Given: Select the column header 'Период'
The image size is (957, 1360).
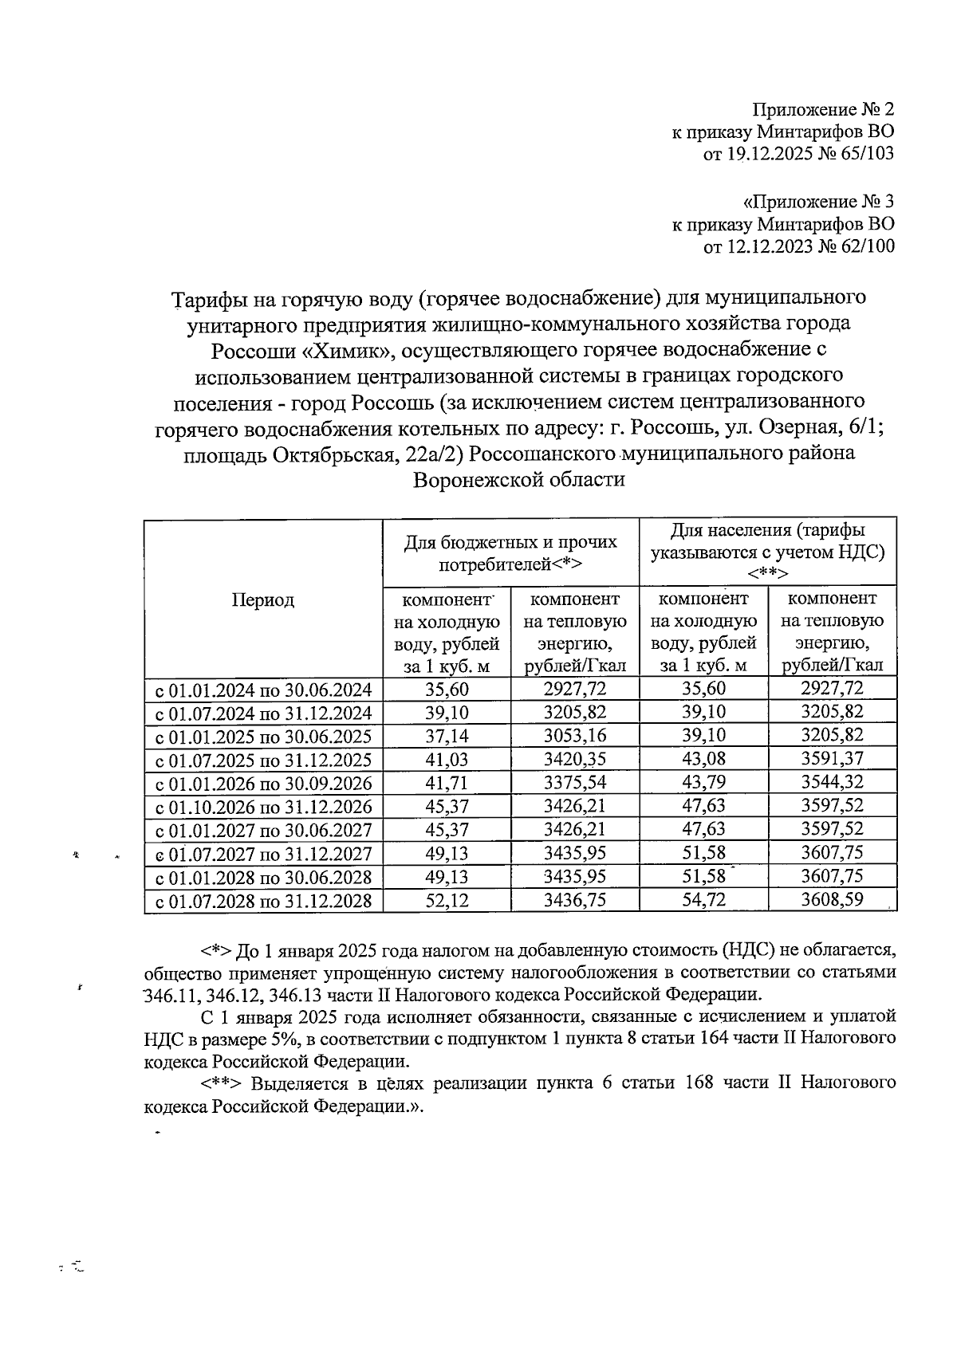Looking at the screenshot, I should (x=263, y=600).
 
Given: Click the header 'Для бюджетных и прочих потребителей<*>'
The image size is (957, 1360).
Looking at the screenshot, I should (x=510, y=552).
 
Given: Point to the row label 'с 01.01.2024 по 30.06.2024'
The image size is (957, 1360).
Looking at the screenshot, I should (x=263, y=690).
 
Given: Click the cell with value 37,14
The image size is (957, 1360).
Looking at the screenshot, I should (x=447, y=736).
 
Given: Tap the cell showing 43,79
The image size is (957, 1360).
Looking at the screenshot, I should (x=703, y=783).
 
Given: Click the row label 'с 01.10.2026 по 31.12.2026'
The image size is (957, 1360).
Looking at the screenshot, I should (x=263, y=807).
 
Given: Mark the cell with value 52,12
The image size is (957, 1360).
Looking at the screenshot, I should (x=447, y=901).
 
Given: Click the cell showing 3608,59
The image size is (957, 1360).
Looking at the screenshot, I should (x=832, y=901).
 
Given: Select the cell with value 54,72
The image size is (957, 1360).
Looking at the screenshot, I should (x=703, y=901).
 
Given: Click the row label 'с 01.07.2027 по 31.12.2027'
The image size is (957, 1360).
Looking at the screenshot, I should (x=263, y=855).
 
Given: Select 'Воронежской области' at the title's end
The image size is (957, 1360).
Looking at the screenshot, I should (x=518, y=480).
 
